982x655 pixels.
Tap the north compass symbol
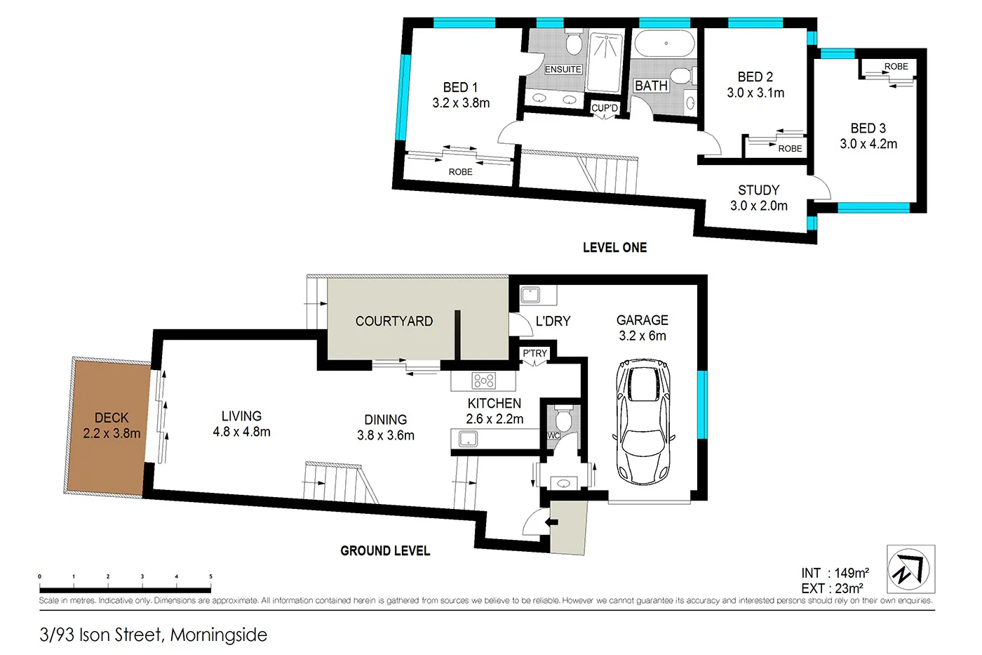[x=910, y=569]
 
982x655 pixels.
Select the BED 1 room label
[x=460, y=87]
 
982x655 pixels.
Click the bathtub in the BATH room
[x=665, y=44]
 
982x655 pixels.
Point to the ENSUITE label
[x=563, y=70]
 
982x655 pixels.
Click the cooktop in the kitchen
[x=484, y=381]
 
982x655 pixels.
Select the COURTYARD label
[x=394, y=321]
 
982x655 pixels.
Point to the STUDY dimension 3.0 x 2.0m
[x=758, y=206]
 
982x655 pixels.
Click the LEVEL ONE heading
[x=614, y=247]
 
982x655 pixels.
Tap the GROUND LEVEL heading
[x=385, y=551]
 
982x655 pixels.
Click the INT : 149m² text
[x=835, y=573]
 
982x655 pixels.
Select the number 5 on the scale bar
[x=210, y=576]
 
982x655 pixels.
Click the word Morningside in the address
[x=219, y=635]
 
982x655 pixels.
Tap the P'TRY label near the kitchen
[x=534, y=353]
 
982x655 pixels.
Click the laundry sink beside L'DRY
[x=530, y=295]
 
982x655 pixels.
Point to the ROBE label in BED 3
[x=896, y=67]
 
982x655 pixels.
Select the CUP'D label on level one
[x=604, y=108]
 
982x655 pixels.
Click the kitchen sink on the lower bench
[x=468, y=439]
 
